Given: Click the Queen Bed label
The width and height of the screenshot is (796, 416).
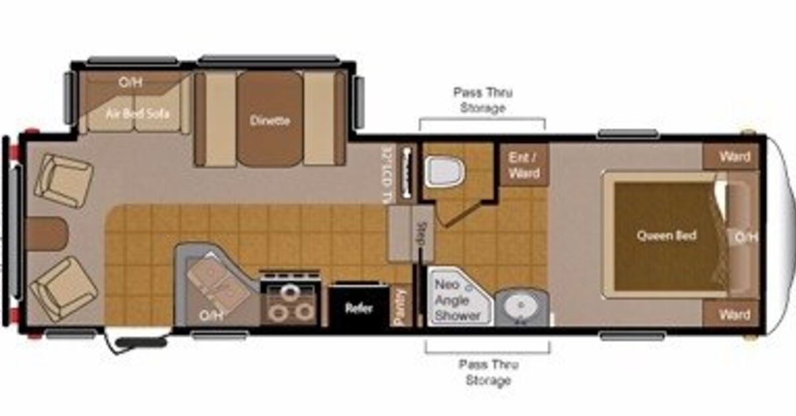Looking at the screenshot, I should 666,236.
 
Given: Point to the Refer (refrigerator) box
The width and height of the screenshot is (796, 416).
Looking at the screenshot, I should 358,308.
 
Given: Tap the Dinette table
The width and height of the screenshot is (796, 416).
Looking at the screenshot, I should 270,120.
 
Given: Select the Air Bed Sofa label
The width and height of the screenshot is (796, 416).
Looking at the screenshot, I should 137,113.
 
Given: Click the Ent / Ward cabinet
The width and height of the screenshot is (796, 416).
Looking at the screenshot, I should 523,165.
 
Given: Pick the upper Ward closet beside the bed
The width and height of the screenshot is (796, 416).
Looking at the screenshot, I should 734,157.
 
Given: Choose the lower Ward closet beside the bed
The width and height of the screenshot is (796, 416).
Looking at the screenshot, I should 734,315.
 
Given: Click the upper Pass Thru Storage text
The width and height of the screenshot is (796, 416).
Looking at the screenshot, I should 482,100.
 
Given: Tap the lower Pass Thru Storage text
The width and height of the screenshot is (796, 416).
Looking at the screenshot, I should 487,372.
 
